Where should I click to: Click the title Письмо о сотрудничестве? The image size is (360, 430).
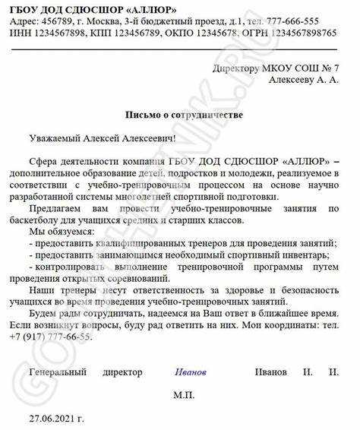[184, 115]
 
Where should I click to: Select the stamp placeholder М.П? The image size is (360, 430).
[184, 396]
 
